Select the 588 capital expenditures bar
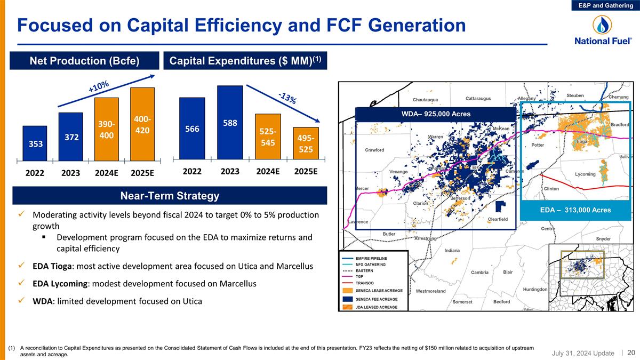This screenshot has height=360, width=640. coord(230,123)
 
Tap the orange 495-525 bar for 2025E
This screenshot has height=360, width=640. coord(306,143)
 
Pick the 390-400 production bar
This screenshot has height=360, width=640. coord(106,129)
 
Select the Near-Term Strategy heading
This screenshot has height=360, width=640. coord(170,196)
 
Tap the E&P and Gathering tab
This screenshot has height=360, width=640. coord(610,5)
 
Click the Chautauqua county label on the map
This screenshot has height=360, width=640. coord(426,100)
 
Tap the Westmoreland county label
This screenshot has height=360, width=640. coord(430,291)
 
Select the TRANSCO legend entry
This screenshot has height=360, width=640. coord(365,283)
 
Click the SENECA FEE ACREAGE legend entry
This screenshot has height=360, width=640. coord(376,299)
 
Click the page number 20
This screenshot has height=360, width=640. coord(631,353)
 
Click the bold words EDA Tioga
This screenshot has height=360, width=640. coord(53,266)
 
